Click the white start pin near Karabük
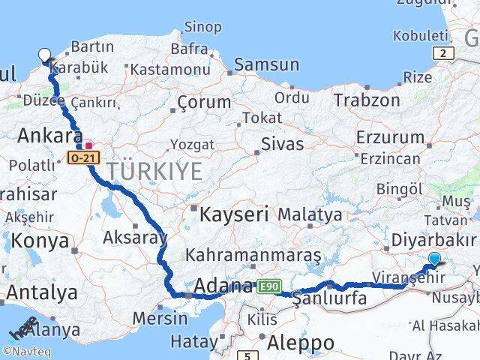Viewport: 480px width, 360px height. [45, 55]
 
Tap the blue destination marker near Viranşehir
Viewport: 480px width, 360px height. [434, 260]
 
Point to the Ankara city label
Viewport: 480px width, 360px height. [49, 136]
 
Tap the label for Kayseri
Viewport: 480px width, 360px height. [233, 215]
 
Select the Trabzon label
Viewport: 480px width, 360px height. [367, 100]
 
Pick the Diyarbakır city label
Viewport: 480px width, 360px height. [433, 241]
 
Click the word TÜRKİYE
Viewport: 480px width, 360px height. [154, 172]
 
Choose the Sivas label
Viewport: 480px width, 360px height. [282, 143]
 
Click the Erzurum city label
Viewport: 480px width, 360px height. [391, 137]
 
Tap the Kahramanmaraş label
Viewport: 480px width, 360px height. [253, 255]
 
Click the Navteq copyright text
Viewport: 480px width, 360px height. [27, 349]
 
